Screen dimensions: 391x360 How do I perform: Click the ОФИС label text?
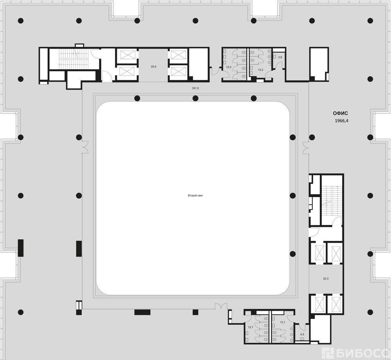[341, 113]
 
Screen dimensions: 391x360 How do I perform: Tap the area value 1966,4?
[341, 121]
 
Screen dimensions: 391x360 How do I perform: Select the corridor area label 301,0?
[195, 88]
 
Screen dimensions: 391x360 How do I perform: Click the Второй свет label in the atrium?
[195, 196]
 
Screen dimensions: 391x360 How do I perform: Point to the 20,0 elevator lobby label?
[153, 67]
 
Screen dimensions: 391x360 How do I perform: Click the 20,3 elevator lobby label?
[326, 279]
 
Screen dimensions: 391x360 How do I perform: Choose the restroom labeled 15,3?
[229, 67]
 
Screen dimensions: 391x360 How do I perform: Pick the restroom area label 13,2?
[260, 70]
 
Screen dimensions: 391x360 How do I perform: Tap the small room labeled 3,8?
[280, 57]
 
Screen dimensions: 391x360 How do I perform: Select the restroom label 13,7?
[251, 327]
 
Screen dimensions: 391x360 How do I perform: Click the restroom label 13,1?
[282, 322]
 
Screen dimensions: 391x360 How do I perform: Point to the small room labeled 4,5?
[302, 334]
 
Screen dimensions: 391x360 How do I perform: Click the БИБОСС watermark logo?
[355, 353]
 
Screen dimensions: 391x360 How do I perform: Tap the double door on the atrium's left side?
[85, 147]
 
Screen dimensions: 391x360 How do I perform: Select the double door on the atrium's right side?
[306, 148]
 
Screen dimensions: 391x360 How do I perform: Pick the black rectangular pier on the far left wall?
[21, 248]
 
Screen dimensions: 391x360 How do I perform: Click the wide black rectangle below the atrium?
[142, 312]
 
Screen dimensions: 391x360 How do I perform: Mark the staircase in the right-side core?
[332, 201]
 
